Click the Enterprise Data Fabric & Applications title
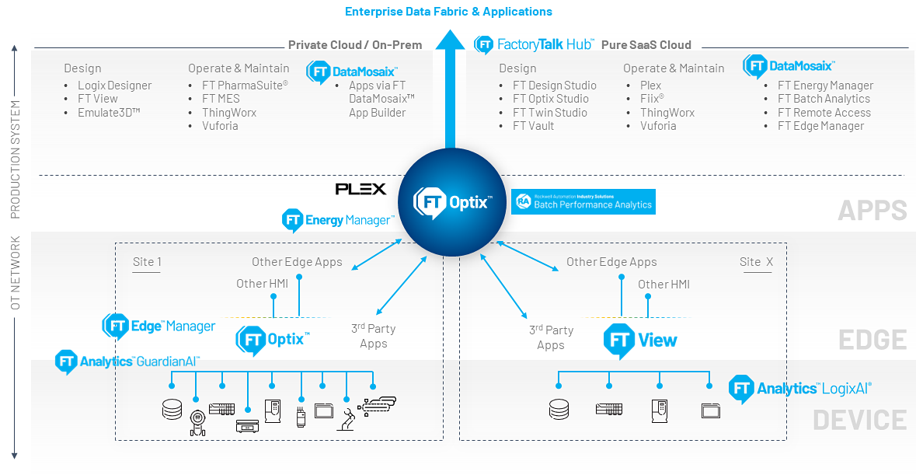(448, 12)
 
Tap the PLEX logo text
(360, 189)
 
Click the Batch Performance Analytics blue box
(583, 201)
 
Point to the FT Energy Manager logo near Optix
(337, 221)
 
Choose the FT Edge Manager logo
(159, 327)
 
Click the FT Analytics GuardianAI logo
(127, 361)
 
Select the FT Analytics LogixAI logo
(801, 389)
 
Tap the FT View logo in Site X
(640, 341)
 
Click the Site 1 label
(147, 262)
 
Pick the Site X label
(756, 262)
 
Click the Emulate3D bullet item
(108, 113)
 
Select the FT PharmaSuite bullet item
(245, 86)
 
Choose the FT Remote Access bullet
(824, 113)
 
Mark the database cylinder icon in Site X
(559, 408)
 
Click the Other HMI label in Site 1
(262, 284)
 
